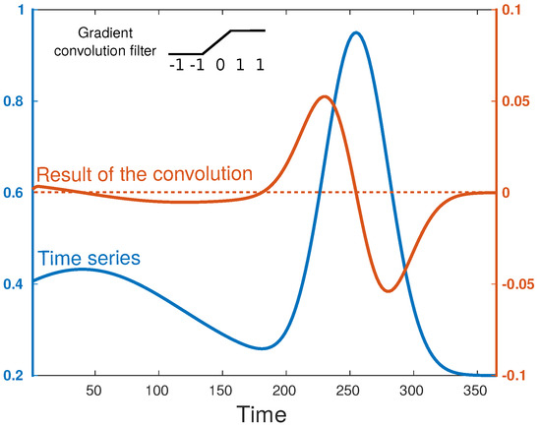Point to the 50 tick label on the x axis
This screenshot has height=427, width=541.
95,391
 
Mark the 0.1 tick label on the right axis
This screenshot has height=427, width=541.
515,11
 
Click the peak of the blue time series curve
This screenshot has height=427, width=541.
355,32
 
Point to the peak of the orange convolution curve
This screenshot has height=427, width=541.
325,96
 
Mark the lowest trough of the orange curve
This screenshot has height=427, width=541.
388,291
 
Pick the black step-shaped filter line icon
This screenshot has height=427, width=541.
217,42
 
